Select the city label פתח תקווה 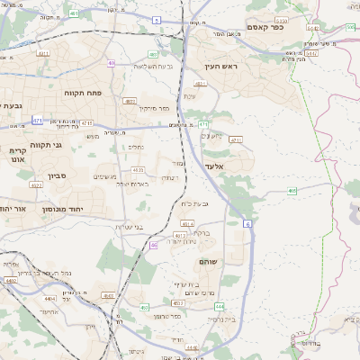pyautogui.click(x=81, y=93)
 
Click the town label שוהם pyautogui.click(x=208, y=260)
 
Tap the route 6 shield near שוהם pyautogui.click(x=247, y=222)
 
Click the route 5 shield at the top pyautogui.click(x=156, y=19)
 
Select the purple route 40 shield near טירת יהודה pyautogui.click(x=154, y=244)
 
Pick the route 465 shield pyautogui.click(x=292, y=190)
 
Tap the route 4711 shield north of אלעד pyautogui.click(x=236, y=139)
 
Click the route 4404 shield pyautogui.click(x=49, y=297)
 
